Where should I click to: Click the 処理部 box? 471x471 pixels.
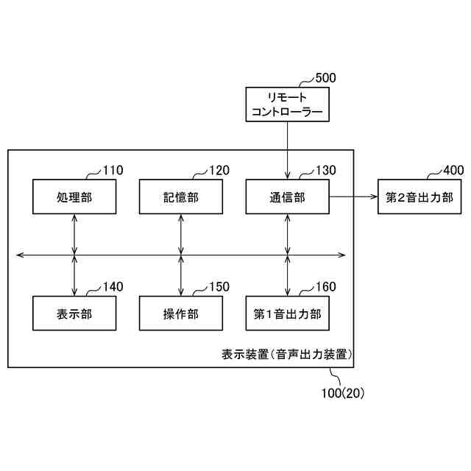75,196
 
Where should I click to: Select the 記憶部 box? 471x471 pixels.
181,196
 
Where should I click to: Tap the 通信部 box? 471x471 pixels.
287,196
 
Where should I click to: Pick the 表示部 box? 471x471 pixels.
75,314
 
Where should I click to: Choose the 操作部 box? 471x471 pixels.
181,314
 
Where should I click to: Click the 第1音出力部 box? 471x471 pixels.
287,314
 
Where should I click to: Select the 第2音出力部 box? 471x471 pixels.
419,196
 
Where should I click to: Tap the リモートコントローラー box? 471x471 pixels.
287,104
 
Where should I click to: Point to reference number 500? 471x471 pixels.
325,77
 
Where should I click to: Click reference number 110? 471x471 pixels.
113,171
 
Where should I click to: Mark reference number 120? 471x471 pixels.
219,171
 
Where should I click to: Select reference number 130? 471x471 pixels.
325,171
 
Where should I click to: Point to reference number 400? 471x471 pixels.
453,171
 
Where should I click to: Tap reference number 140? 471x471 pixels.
113,287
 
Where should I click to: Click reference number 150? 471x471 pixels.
219,287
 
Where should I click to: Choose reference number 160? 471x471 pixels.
325,287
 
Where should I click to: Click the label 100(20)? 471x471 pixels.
343,393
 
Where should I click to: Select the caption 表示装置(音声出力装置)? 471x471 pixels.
288,355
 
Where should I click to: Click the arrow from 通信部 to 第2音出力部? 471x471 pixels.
353,196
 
